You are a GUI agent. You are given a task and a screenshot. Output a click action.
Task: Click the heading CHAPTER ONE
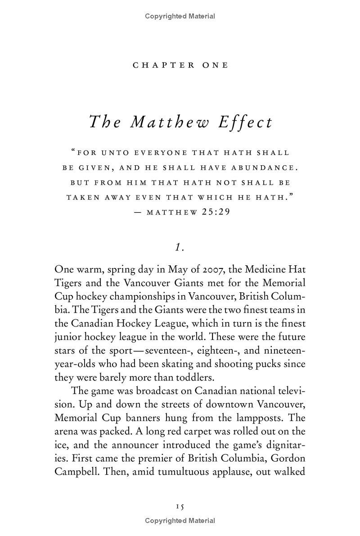180,65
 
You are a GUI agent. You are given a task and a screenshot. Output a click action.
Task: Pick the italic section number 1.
179,247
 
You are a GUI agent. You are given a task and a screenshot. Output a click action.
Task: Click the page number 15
180,506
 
